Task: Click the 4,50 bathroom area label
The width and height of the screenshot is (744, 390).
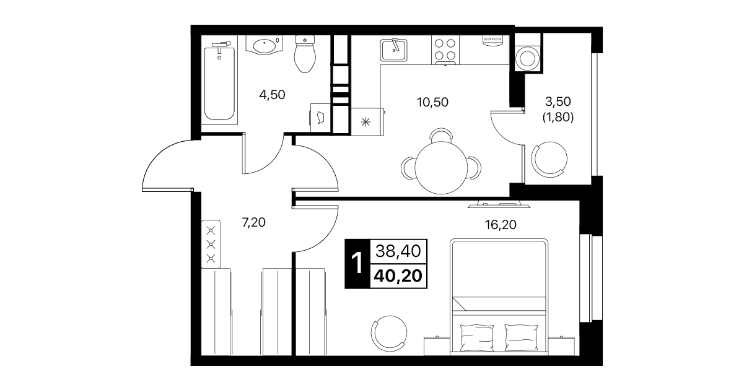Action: tap(272, 95)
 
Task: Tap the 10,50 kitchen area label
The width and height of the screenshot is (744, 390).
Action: tap(432, 102)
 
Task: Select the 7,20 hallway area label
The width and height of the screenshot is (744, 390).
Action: tap(254, 222)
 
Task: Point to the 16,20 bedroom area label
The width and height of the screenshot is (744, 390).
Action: tap(501, 225)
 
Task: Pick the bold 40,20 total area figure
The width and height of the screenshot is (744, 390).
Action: tap(398, 276)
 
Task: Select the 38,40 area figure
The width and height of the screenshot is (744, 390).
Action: tap(398, 251)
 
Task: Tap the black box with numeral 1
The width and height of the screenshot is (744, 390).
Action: tap(357, 264)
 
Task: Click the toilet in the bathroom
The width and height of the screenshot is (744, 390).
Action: tap(305, 54)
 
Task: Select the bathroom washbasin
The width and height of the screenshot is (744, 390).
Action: tap(264, 45)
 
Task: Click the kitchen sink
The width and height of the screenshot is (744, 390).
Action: tap(394, 50)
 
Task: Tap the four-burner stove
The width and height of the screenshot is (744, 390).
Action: tap(445, 50)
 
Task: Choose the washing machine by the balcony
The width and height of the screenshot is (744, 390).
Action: tap(527, 58)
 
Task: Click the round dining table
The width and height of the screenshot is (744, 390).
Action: tap(441, 168)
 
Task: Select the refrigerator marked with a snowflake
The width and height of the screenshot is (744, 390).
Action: tap(367, 122)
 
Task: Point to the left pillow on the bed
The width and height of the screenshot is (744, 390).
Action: tap(477, 337)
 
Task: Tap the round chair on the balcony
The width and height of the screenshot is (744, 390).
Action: tap(549, 159)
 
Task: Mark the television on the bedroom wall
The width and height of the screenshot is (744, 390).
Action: tap(499, 204)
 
